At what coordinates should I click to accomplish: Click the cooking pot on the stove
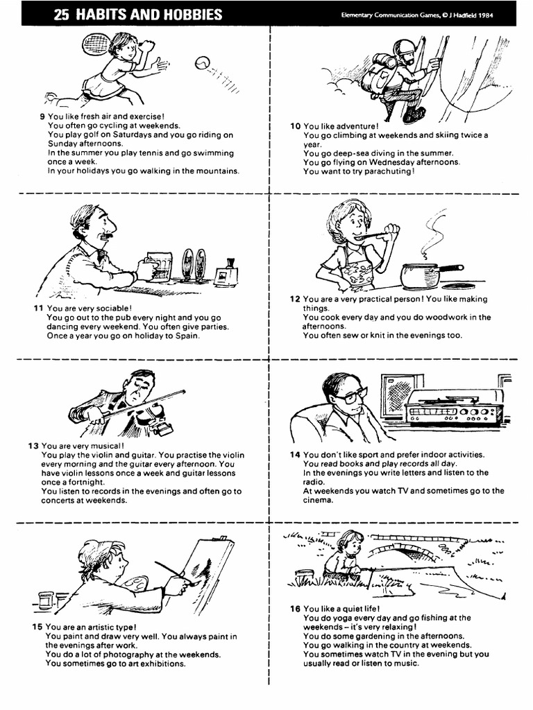(x=421, y=275)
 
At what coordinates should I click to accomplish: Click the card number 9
(x=42, y=116)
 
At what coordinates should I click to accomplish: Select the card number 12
(x=294, y=300)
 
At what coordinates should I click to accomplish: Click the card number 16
(x=295, y=609)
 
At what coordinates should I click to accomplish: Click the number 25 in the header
(x=62, y=15)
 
